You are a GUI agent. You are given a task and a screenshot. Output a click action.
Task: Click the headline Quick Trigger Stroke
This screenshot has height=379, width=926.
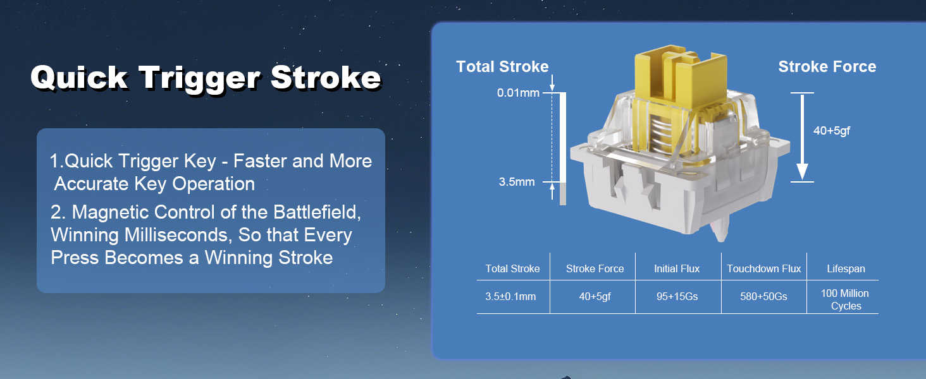(x=206, y=78)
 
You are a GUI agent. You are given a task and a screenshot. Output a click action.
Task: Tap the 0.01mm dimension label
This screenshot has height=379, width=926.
(x=518, y=93)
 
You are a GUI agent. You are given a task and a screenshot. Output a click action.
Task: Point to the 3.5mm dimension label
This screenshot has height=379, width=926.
(x=517, y=182)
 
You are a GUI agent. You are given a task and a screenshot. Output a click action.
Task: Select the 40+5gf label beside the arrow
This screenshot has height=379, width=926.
(x=831, y=131)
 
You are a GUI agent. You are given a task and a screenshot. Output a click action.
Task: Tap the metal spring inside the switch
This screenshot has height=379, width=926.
(x=662, y=132)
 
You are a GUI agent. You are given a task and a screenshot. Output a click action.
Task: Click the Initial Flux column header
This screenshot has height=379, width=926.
(x=677, y=268)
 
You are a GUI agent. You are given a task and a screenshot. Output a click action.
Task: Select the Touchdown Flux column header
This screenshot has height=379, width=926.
(x=764, y=268)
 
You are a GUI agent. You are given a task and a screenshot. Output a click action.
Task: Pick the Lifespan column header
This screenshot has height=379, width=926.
(x=846, y=268)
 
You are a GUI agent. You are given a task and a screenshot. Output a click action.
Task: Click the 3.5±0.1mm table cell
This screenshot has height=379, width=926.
(x=510, y=296)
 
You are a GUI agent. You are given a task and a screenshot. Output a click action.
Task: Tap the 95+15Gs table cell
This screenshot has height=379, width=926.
(x=677, y=296)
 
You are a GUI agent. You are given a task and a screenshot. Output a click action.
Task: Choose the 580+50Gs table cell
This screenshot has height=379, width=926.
(x=763, y=296)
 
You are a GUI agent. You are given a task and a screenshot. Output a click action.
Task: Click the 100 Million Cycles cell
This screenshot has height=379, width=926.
(x=845, y=300)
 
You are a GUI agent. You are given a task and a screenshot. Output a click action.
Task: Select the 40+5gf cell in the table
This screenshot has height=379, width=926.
(x=595, y=296)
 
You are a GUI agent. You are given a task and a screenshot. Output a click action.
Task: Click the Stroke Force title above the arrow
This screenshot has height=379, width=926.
(x=827, y=66)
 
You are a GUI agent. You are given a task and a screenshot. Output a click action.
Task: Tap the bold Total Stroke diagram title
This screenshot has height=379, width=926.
(x=502, y=66)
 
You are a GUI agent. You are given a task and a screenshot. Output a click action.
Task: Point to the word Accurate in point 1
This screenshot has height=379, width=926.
(x=92, y=184)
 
